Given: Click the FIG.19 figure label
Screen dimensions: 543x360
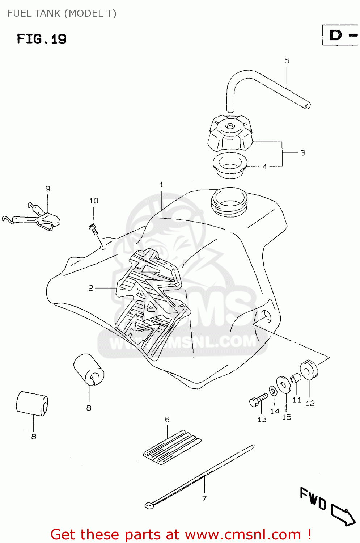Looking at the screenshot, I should pos(42,39).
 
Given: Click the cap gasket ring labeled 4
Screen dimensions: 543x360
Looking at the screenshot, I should pos(230,165).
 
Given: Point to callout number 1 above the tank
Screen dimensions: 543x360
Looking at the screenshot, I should pos(161,185).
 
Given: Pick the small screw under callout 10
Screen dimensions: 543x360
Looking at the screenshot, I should pos(93,228).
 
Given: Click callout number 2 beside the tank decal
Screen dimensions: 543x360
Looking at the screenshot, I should pos(91,288).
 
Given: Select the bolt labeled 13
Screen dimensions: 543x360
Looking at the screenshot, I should pos(258,400).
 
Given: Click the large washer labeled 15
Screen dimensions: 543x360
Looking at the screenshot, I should pos(284,384).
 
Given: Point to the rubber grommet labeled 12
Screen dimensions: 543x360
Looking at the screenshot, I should pos(309,370).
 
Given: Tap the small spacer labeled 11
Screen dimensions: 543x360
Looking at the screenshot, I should pos(296,378).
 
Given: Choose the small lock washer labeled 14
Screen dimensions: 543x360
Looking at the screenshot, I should pos(273,391).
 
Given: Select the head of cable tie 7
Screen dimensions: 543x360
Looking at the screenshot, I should pos(149,505).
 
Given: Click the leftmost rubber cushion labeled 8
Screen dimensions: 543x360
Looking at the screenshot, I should pos(32,404).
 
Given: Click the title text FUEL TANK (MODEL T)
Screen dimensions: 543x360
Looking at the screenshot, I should pos(62,13).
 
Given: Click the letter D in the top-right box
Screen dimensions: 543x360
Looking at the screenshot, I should pos(335,35).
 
